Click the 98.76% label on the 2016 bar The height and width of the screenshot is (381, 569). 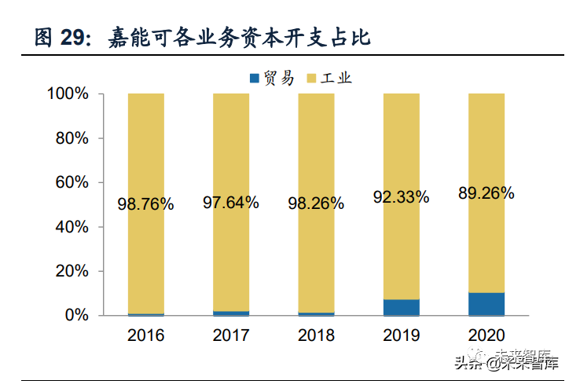click(x=145, y=204)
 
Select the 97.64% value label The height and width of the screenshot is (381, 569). click(x=231, y=203)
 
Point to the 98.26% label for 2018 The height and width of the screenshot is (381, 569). click(x=316, y=203)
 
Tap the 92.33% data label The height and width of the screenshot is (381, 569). click(x=401, y=197)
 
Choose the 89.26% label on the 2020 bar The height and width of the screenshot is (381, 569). click(x=486, y=193)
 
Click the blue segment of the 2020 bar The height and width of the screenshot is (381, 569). click(x=486, y=303)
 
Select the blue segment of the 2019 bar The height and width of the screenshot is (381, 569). click(x=401, y=307)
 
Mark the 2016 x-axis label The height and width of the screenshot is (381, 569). click(x=145, y=336)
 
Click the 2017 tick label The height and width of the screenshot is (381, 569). click(x=231, y=336)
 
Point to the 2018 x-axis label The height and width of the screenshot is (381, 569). click(x=316, y=336)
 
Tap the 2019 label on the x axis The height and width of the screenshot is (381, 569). click(x=401, y=336)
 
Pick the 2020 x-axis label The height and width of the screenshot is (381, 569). click(x=486, y=336)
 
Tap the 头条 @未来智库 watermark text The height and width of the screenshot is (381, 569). click(x=507, y=362)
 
